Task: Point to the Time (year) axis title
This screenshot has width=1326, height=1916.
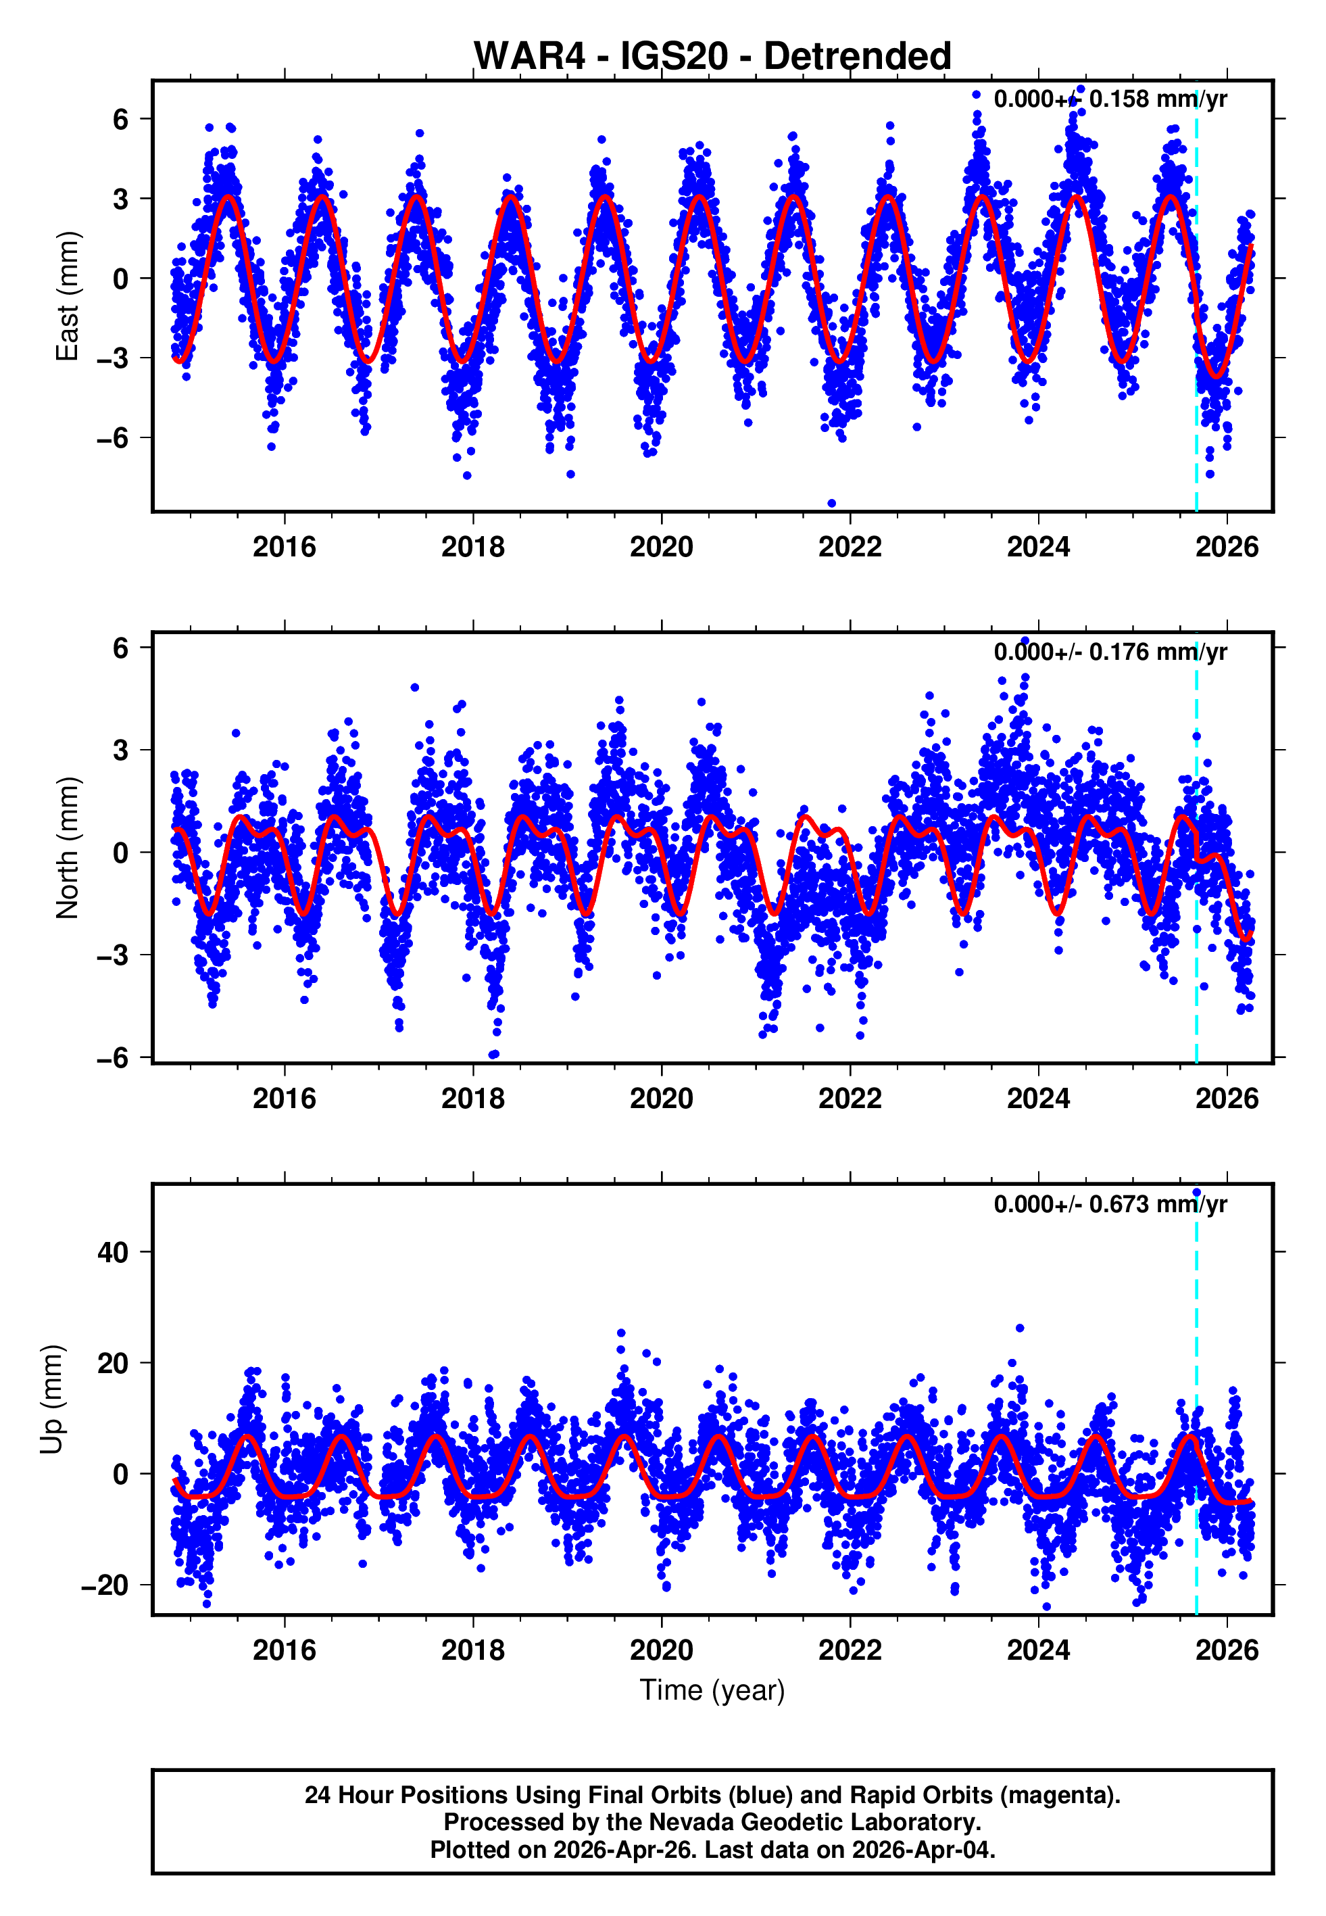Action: tap(712, 1690)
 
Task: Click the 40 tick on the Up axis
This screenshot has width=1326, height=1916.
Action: tap(113, 1252)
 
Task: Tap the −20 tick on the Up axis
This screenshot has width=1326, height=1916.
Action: tap(105, 1585)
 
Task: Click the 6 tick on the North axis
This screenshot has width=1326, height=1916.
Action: tap(121, 648)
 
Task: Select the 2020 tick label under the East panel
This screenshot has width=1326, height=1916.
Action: tap(662, 547)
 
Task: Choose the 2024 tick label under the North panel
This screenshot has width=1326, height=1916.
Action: tap(1039, 1099)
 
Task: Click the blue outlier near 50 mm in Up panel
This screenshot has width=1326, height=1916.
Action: tap(1196, 1193)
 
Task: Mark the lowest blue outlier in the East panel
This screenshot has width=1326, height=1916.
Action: tap(832, 504)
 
